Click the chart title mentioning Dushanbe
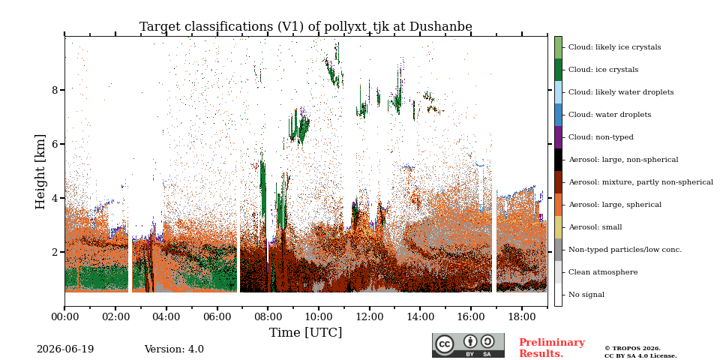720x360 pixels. click(x=305, y=27)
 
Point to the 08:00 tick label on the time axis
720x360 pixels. click(x=268, y=316)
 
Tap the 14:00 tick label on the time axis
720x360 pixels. click(x=420, y=316)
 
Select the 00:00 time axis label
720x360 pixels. click(x=64, y=316)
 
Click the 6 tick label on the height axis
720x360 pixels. click(x=55, y=144)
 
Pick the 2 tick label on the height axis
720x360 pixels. click(x=55, y=252)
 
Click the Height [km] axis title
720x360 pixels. click(x=40, y=172)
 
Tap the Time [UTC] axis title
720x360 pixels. click(x=305, y=332)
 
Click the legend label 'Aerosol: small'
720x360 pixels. click(x=595, y=227)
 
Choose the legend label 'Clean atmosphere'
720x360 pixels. click(x=603, y=272)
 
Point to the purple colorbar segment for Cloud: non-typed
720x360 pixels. click(x=558, y=137)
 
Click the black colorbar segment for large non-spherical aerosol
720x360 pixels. click(x=558, y=160)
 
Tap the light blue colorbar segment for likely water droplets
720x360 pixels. click(x=558, y=92)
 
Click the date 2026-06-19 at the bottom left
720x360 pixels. click(x=65, y=349)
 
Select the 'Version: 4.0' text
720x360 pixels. click(x=174, y=349)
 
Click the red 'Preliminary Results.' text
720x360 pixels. click(x=552, y=348)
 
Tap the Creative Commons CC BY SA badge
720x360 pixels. click(x=468, y=345)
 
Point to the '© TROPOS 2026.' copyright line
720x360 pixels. click(x=632, y=349)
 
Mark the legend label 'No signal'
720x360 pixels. click(x=586, y=295)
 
